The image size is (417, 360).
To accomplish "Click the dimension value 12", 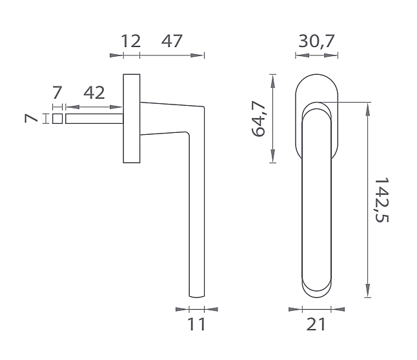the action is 131,41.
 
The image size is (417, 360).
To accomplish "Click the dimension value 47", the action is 172,41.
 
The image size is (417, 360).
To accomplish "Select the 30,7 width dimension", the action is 316,41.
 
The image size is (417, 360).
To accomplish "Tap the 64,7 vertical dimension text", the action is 258,119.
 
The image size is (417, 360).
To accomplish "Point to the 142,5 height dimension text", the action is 381,200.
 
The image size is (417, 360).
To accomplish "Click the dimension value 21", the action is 316,325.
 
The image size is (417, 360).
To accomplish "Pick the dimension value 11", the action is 196,325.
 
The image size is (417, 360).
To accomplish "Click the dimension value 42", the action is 94,93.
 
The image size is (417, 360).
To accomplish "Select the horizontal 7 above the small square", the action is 57,93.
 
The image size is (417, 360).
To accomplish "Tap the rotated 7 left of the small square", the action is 31,118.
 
